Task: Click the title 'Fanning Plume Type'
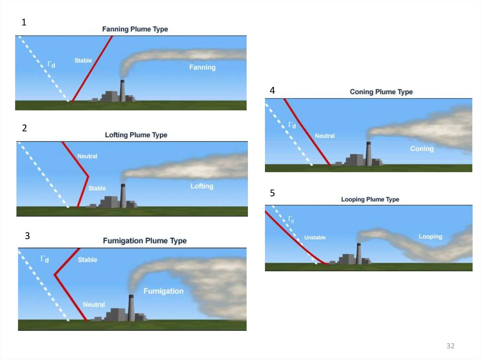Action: pos(135,29)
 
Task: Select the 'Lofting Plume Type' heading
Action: pos(136,135)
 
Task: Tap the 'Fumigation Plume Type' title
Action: pos(145,241)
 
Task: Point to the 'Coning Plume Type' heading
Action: pos(381,92)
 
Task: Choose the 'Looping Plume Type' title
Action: pos(370,199)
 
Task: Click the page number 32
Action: pos(450,346)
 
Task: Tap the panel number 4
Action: pos(272,90)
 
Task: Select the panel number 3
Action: pos(27,236)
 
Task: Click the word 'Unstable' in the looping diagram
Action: pos(315,238)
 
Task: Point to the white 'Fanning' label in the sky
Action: pos(202,68)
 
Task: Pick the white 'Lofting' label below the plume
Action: pos(202,186)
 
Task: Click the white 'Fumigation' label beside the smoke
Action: pos(163,291)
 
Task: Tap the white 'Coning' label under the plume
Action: pos(422,149)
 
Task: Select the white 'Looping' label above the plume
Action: pos(430,237)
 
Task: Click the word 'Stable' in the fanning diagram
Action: pos(83,61)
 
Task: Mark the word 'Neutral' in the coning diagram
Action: pos(325,136)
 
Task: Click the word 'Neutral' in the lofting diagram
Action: pos(87,156)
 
